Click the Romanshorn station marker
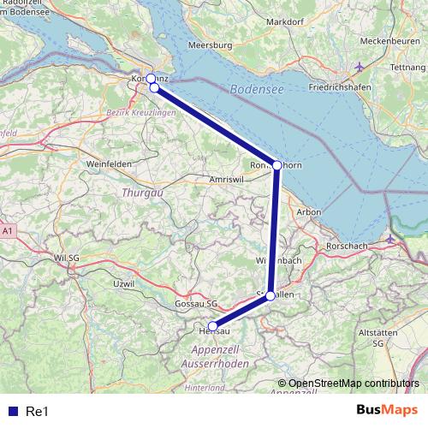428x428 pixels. [277, 164]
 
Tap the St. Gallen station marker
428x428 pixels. [270, 295]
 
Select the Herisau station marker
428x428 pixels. [213, 325]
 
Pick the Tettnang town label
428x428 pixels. [407, 67]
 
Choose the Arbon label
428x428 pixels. [308, 211]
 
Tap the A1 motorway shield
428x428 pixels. [8, 231]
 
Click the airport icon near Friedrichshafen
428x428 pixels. [360, 67]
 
